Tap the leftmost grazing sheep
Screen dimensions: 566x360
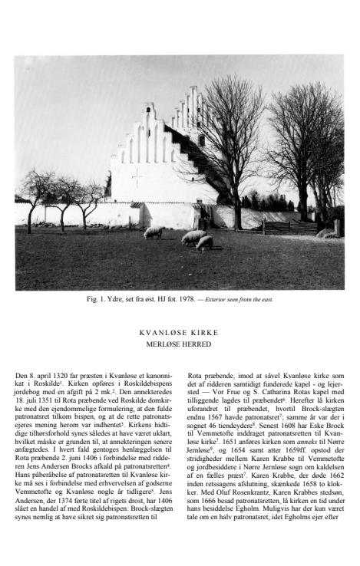[153, 232]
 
